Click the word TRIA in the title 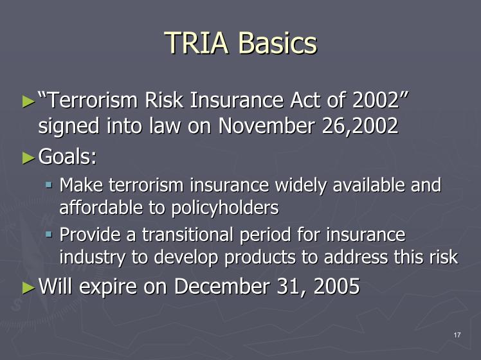click(x=197, y=42)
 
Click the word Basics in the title click(x=278, y=42)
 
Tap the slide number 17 click(x=457, y=335)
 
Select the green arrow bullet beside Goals click(x=29, y=158)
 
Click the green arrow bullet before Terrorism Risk click(x=29, y=102)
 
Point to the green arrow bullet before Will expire click(x=29, y=288)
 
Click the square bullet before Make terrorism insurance click(x=48, y=185)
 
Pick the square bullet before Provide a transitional click(x=48, y=235)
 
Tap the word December click(x=222, y=287)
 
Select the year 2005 click(x=337, y=287)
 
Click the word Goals click(x=68, y=156)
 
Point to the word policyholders click(x=225, y=208)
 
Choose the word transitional click(x=187, y=235)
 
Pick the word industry click(x=92, y=258)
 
